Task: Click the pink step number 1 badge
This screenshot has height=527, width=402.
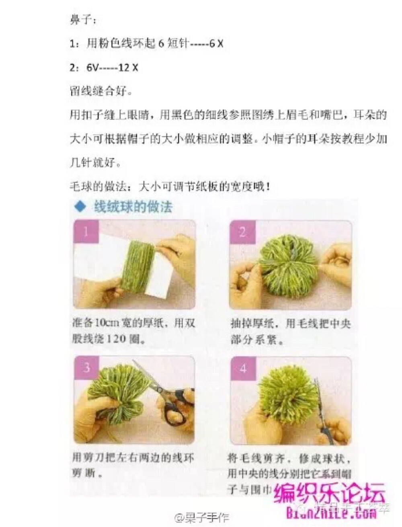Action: tap(86, 232)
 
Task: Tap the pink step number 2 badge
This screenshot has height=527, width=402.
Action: tap(242, 232)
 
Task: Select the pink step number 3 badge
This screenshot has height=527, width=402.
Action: tap(86, 368)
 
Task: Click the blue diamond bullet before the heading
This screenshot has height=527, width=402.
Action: tap(80, 207)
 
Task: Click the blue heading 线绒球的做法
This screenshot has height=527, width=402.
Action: tap(133, 207)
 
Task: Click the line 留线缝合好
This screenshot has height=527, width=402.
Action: tap(100, 92)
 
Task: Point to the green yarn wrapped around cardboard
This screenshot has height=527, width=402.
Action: tap(137, 267)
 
